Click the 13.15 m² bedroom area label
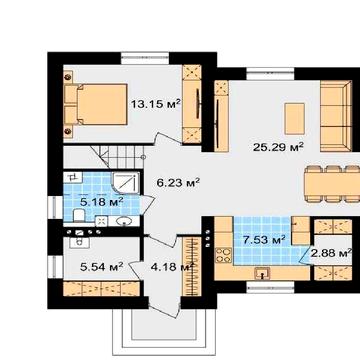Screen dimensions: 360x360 156,104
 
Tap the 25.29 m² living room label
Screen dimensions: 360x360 278,146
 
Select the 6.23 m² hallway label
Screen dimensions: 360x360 178,182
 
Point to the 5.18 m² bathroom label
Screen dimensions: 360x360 102,201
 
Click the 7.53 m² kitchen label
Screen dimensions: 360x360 264,239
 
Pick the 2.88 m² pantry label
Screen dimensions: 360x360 331,253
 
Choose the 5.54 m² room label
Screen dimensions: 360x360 102,266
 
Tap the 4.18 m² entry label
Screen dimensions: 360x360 172,267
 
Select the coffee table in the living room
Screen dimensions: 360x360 294,118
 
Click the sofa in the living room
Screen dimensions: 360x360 336,116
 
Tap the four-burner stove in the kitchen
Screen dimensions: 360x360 223,255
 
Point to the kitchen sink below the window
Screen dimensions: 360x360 263,274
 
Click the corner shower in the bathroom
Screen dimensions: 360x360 126,183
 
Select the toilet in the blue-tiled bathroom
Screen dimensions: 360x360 79,215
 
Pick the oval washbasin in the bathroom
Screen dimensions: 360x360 126,220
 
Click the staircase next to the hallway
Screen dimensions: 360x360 104,157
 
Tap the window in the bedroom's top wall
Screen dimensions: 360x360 144,58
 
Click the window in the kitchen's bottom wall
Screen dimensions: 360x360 270,287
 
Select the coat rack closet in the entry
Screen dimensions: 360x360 192,266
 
